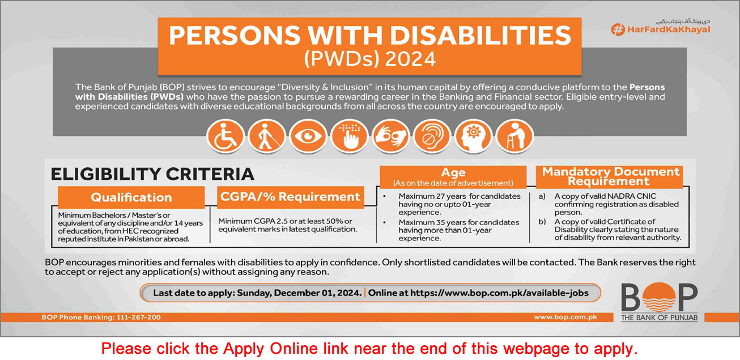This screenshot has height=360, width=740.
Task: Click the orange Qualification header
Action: pyautogui.click(x=131, y=197)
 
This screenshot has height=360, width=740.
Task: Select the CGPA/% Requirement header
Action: pyautogui.click(x=290, y=197)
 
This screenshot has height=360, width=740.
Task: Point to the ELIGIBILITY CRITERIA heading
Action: pyautogui.click(x=152, y=174)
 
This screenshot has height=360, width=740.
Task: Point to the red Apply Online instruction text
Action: pyautogui.click(x=369, y=348)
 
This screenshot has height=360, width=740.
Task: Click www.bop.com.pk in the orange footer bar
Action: pyautogui.click(x=565, y=317)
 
